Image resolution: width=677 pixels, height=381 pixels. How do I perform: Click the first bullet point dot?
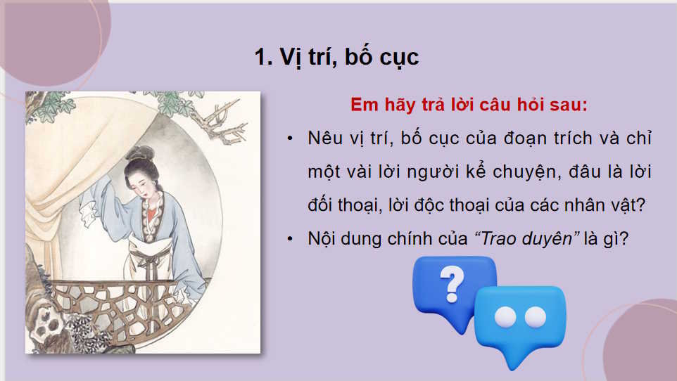point(289,138)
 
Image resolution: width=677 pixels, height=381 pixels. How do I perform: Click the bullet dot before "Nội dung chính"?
point(289,239)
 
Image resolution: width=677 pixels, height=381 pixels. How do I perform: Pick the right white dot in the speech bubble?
point(536,317)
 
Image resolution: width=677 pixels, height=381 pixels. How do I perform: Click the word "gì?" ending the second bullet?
point(617,239)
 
